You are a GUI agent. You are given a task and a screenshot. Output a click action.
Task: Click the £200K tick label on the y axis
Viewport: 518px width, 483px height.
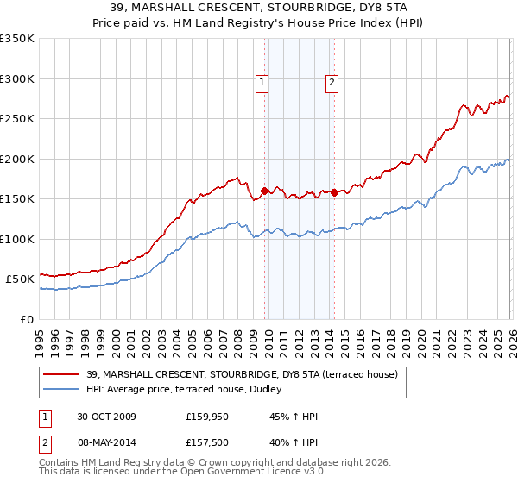pos(17,159)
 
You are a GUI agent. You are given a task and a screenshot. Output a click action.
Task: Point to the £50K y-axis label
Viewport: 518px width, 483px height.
pos(20,279)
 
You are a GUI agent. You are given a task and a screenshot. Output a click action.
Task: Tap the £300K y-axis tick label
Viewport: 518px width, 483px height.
pos(17,78)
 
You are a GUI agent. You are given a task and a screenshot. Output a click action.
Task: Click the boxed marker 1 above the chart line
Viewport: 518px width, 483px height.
pos(262,83)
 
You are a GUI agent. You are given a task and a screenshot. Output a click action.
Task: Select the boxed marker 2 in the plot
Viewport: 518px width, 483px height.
pos(332,83)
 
